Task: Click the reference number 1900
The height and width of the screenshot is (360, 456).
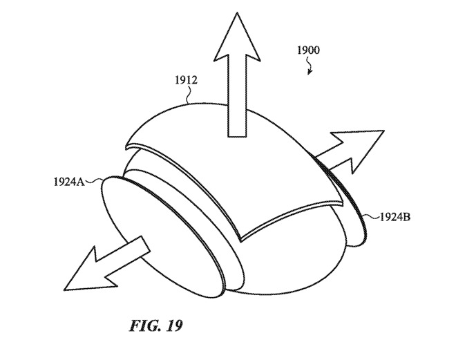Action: click(308, 50)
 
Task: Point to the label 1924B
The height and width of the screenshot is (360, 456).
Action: click(397, 216)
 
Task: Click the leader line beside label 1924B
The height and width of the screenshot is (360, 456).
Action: click(372, 216)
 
